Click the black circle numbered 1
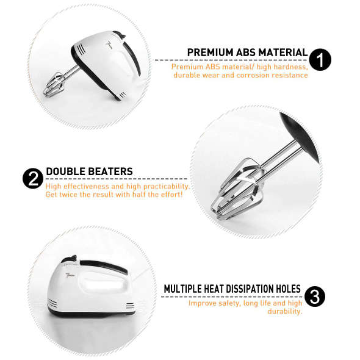(320, 60)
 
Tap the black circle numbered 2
(32, 179)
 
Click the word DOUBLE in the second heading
(65, 172)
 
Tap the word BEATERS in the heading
(110, 172)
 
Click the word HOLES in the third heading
(286, 289)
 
